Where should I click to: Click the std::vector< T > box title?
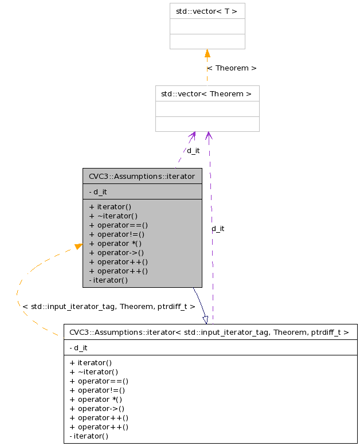pyautogui.click(x=207, y=11)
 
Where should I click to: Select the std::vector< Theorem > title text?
pyautogui.click(x=206, y=93)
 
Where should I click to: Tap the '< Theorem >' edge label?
pyautogui.click(x=232, y=68)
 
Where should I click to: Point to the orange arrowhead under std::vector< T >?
pyautogui.click(x=207, y=54)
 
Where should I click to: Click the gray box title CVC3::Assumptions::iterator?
pyautogui.click(x=142, y=176)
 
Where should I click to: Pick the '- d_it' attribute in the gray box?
pyautogui.click(x=98, y=192)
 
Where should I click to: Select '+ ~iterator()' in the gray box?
pyautogui.click(x=114, y=216)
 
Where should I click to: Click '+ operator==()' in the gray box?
pyautogui.click(x=119, y=225)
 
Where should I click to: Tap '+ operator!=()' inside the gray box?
pyautogui.click(x=117, y=234)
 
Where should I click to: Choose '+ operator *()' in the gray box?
pyautogui.click(x=115, y=243)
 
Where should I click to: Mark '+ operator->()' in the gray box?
pyautogui.click(x=116, y=252)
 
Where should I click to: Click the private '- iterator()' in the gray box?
pyautogui.click(x=108, y=280)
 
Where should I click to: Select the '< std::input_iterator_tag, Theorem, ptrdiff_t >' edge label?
pyautogui.click(x=109, y=307)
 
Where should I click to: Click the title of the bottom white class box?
pyautogui.click(x=210, y=332)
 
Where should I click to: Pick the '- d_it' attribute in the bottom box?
pyautogui.click(x=79, y=347)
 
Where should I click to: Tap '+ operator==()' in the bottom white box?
pyautogui.click(x=99, y=381)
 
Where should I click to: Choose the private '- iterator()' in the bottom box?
pyautogui.click(x=89, y=436)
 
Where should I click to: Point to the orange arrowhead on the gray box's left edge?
pyautogui.click(x=79, y=247)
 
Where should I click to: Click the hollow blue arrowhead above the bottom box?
pyautogui.click(x=205, y=319)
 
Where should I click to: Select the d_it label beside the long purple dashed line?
pyautogui.click(x=218, y=228)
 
